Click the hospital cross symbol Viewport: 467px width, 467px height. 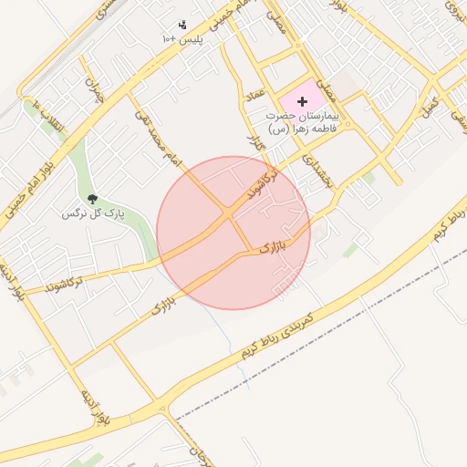303,101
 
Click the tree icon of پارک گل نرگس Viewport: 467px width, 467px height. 91,198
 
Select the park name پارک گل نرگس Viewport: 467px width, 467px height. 91,213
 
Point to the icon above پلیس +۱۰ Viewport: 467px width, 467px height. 182,26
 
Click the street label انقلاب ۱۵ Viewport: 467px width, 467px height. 49,117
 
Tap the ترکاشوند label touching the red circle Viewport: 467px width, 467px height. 265,185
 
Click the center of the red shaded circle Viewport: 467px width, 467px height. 233,233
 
